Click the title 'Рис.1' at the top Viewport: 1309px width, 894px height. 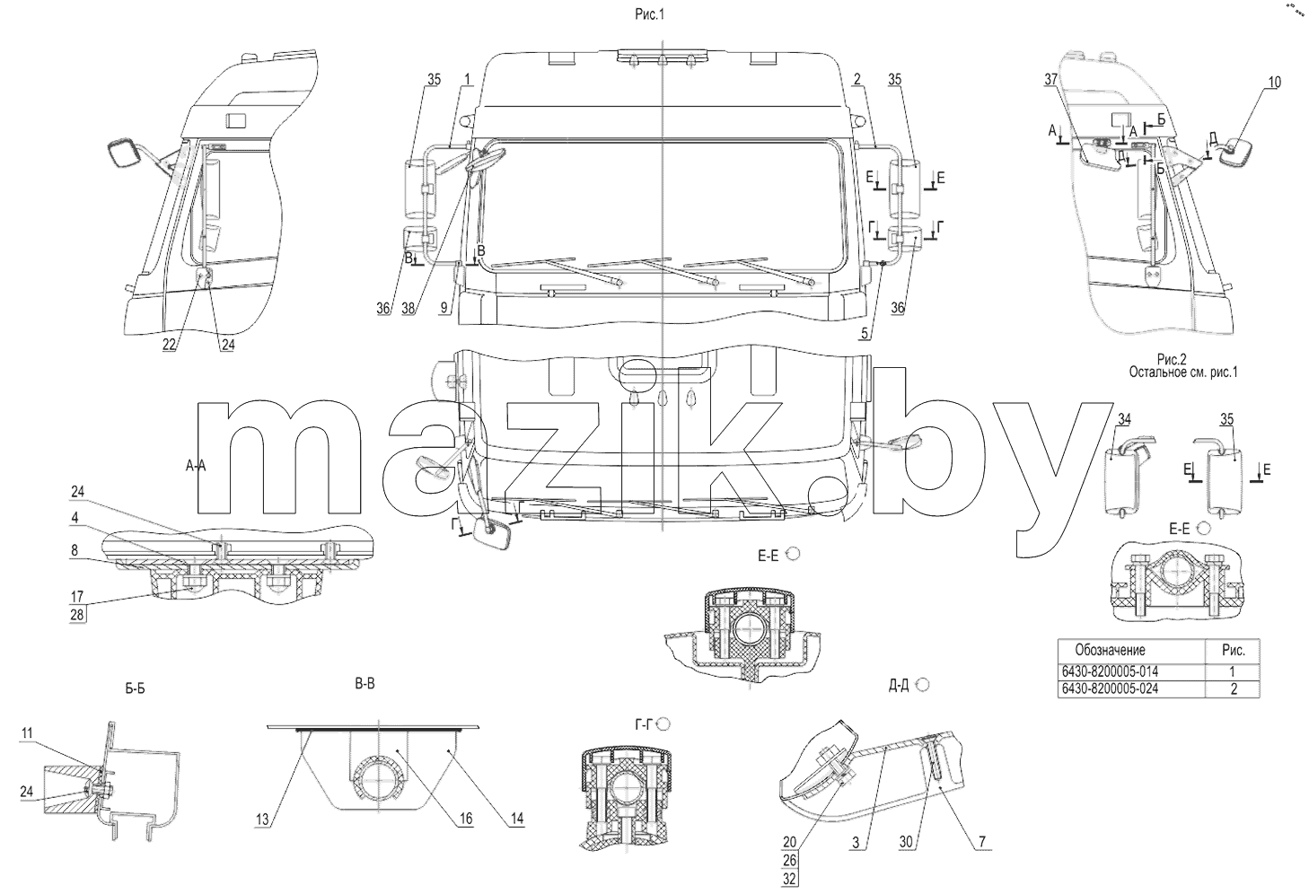[x=649, y=14]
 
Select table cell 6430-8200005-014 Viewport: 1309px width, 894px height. [x=1110, y=671]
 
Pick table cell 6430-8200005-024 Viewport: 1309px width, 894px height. [x=1110, y=689]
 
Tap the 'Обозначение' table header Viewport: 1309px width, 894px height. [x=1111, y=650]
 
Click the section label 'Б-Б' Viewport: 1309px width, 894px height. [x=135, y=689]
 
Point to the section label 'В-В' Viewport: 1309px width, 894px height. [x=365, y=684]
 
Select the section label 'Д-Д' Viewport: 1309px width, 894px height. [x=899, y=686]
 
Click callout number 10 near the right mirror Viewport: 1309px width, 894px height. [x=1274, y=83]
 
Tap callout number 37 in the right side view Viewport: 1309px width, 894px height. [x=1050, y=80]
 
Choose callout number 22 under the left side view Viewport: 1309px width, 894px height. [x=169, y=345]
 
